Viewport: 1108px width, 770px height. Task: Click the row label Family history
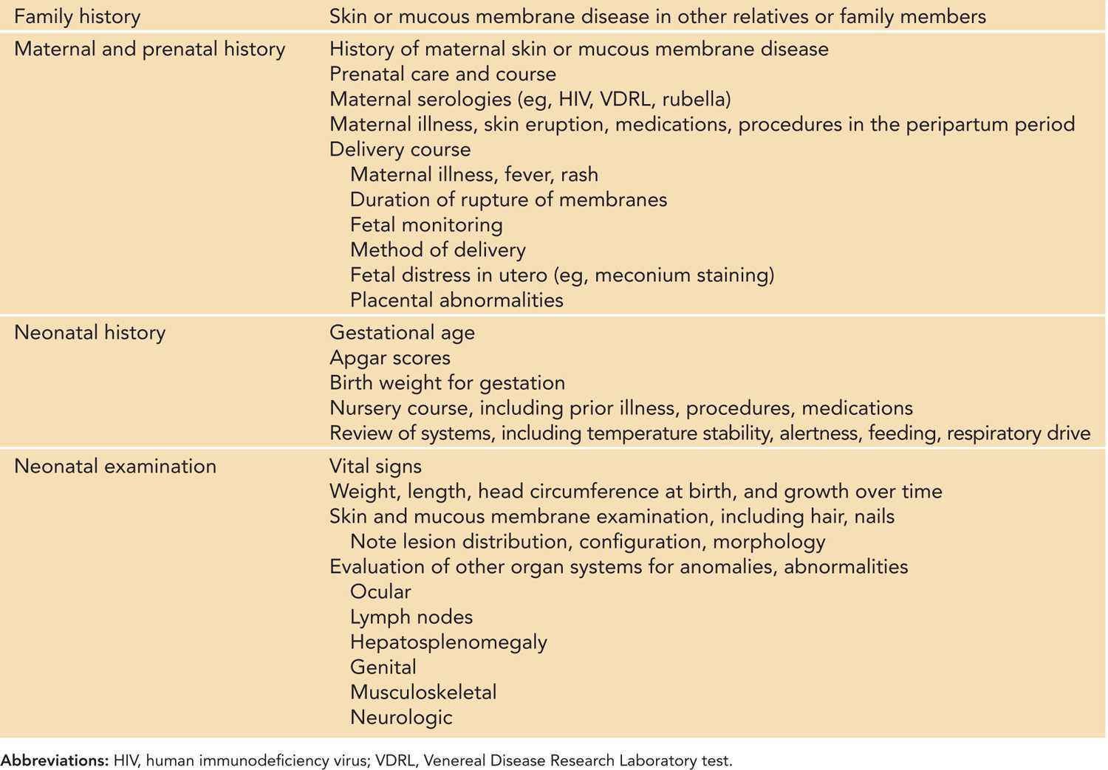pos(77,16)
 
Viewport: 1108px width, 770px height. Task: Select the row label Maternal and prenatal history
pos(149,49)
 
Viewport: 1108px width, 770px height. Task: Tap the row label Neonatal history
pos(89,332)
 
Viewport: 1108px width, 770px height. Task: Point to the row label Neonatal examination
pos(114,466)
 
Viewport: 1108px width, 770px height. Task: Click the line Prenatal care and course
pos(442,74)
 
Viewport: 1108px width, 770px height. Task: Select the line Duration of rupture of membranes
pos(508,199)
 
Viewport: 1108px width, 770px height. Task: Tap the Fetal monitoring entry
pos(426,224)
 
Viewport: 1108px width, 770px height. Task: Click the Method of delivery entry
pos(437,250)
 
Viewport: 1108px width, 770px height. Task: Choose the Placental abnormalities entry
pos(456,300)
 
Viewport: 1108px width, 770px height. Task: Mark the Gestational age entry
pos(402,332)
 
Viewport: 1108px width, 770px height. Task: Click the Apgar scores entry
pos(389,357)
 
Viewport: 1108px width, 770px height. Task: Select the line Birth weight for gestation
pos(447,382)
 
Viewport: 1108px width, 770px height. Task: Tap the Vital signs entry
pos(375,466)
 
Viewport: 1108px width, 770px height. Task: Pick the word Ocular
pos(380,591)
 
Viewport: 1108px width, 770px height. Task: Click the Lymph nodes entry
pos(411,616)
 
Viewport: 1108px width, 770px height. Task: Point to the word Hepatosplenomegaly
pos(448,642)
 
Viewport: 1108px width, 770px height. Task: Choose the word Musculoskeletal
pos(423,692)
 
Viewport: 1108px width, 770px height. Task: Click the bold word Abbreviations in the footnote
pos(54,760)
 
